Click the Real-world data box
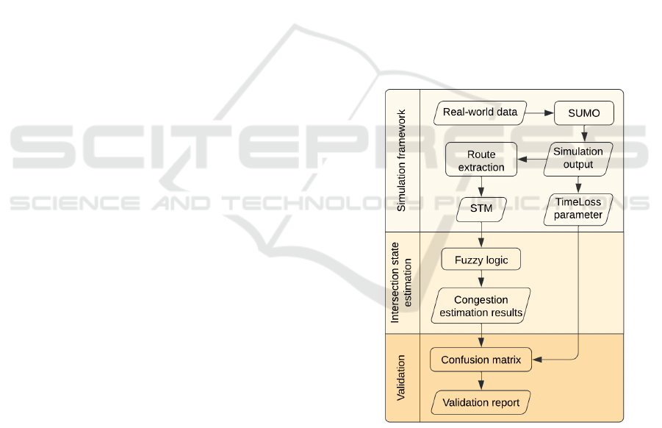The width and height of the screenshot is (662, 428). (x=481, y=113)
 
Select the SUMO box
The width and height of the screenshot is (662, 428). (x=584, y=113)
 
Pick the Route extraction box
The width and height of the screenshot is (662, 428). (x=481, y=160)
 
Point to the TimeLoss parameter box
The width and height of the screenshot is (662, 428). (x=578, y=210)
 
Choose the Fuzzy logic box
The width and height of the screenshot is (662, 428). (x=481, y=259)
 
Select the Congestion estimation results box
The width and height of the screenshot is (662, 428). (x=481, y=306)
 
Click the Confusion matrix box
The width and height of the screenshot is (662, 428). (x=481, y=360)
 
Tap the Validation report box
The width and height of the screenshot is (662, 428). (x=481, y=402)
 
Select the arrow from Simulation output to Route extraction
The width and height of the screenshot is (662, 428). (x=530, y=160)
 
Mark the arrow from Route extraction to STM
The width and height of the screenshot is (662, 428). (x=481, y=188)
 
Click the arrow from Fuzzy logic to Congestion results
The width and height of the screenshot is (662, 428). (x=481, y=279)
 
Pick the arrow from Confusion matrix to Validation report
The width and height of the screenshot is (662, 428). (x=481, y=381)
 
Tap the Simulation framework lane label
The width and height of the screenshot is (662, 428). (x=402, y=161)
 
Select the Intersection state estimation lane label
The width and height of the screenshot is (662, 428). (x=401, y=282)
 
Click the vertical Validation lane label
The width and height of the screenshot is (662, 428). (x=402, y=377)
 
